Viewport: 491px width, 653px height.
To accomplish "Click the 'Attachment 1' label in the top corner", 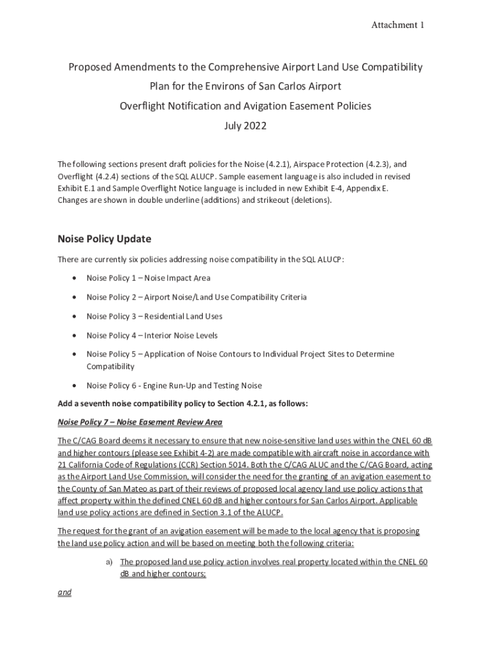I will pos(398,25).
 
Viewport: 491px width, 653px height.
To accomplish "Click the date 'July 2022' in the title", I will pos(246,126).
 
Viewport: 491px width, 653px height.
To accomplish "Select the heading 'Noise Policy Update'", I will pos(104,239).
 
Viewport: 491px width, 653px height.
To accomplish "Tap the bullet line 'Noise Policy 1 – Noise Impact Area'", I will pos(148,278).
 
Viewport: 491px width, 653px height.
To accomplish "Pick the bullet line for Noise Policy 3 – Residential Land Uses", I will pos(154,316).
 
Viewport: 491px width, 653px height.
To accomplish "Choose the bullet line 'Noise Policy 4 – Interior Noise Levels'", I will pos(152,335).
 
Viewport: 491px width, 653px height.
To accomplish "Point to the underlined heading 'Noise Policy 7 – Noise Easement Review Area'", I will pos(140,422).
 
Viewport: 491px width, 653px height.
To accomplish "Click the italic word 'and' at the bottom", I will pos(64,592).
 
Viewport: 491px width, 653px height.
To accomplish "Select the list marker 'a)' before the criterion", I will pos(109,562).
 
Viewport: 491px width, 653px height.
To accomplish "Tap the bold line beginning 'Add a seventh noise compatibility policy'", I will pos(183,404).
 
